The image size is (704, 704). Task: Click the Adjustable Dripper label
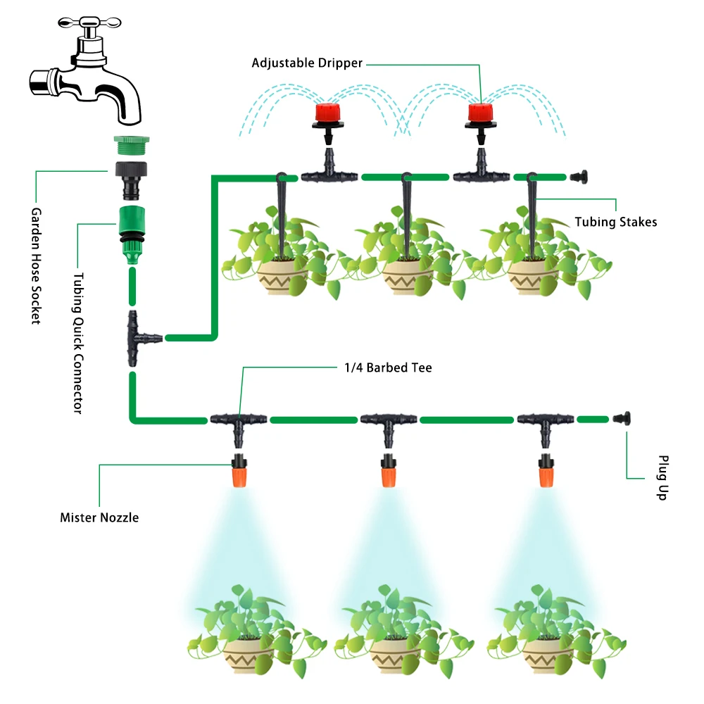click(x=307, y=63)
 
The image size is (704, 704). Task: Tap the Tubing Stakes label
click(x=615, y=222)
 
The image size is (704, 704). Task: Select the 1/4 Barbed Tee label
click(x=388, y=367)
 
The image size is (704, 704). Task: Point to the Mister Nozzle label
click(x=99, y=517)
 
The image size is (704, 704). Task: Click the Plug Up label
click(x=662, y=478)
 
